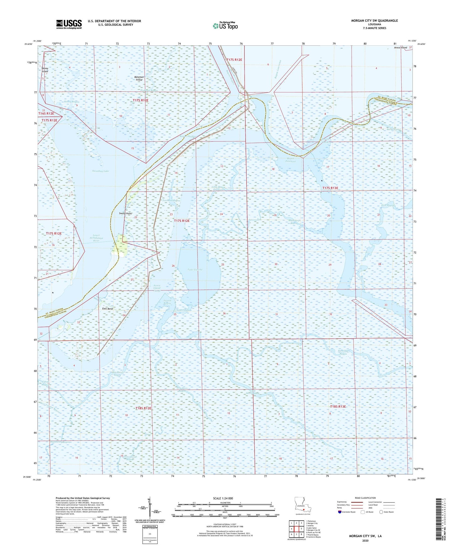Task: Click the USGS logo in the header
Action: coord(69,24)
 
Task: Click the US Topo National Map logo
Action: coord(225,26)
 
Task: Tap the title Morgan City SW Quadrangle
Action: coord(374,21)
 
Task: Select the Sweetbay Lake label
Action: coord(100,171)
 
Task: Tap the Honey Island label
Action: coord(45,70)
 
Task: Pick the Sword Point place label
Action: coord(125,213)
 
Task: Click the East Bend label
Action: coord(108,309)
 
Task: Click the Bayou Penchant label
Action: coord(290,160)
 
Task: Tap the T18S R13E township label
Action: coord(338,407)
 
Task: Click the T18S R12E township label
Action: coord(143,408)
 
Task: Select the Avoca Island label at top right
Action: coord(400,48)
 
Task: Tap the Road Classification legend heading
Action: coord(365,498)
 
